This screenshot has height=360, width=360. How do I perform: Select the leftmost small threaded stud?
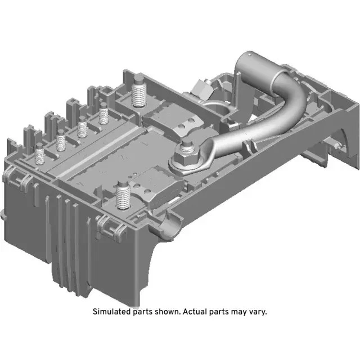[40, 153]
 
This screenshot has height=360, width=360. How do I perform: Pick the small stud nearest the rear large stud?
[103, 116]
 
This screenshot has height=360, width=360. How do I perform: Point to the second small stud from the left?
[61, 139]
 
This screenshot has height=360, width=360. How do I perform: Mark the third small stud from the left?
[82, 127]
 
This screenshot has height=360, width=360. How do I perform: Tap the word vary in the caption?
[256, 311]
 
